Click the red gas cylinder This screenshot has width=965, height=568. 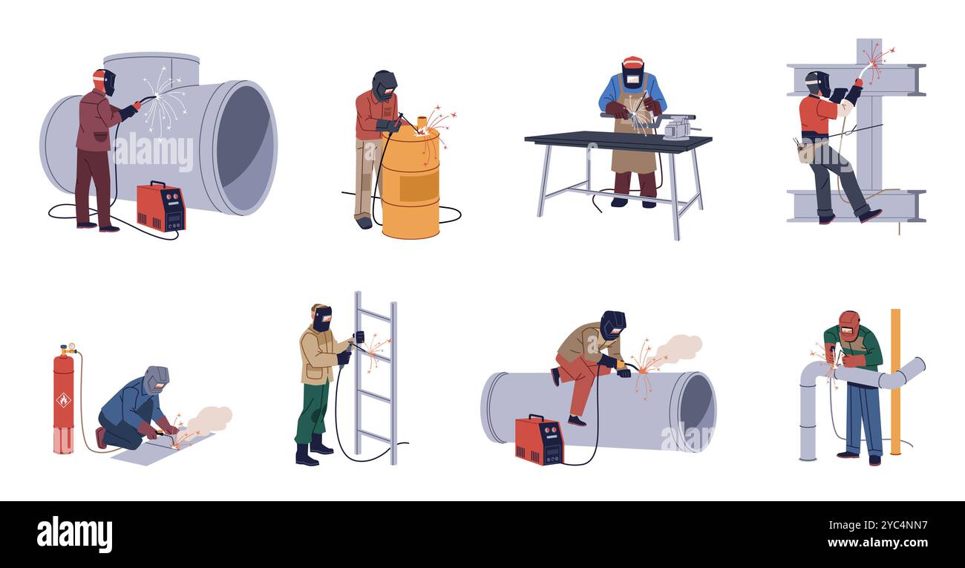click(x=64, y=405)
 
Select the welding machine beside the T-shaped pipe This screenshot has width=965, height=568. click(x=160, y=206)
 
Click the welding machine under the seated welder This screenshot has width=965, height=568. click(x=539, y=440)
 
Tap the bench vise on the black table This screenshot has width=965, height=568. click(x=679, y=127)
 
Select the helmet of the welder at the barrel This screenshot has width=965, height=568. click(x=384, y=85)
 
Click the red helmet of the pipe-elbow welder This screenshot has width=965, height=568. click(x=848, y=325)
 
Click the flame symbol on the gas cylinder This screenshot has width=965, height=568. click(x=64, y=399)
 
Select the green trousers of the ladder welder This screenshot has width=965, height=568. click(x=313, y=412)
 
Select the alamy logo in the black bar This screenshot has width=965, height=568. click(x=74, y=535)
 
